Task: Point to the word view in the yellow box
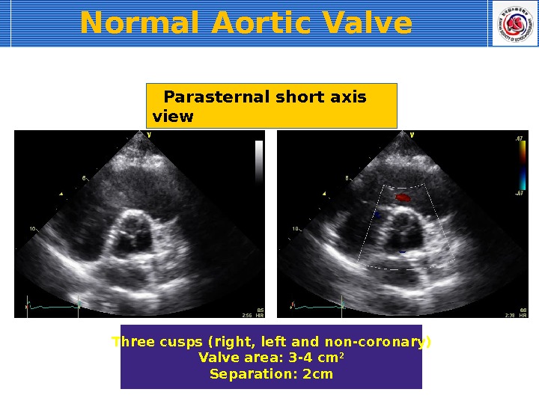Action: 172,117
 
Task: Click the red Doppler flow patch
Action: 404,198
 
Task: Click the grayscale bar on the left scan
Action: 259,162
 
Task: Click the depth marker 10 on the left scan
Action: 32,228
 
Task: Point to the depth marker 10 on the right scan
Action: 296,228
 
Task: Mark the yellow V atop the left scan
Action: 149,135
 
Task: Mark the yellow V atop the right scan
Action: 412,135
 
